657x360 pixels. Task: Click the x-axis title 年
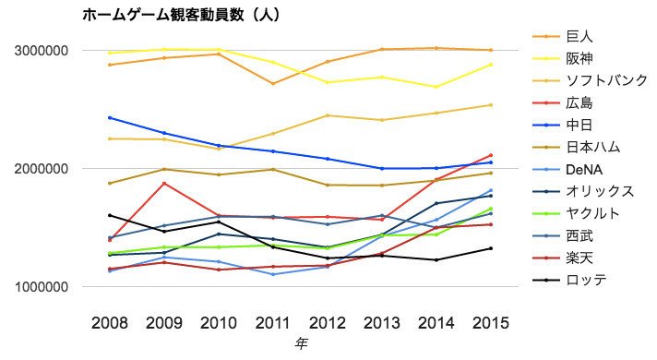pyautogui.click(x=301, y=343)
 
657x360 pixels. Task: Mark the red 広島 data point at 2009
pyautogui.click(x=164, y=183)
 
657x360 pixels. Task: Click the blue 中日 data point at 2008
pyautogui.click(x=109, y=118)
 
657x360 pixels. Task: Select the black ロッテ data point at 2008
pyautogui.click(x=109, y=215)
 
